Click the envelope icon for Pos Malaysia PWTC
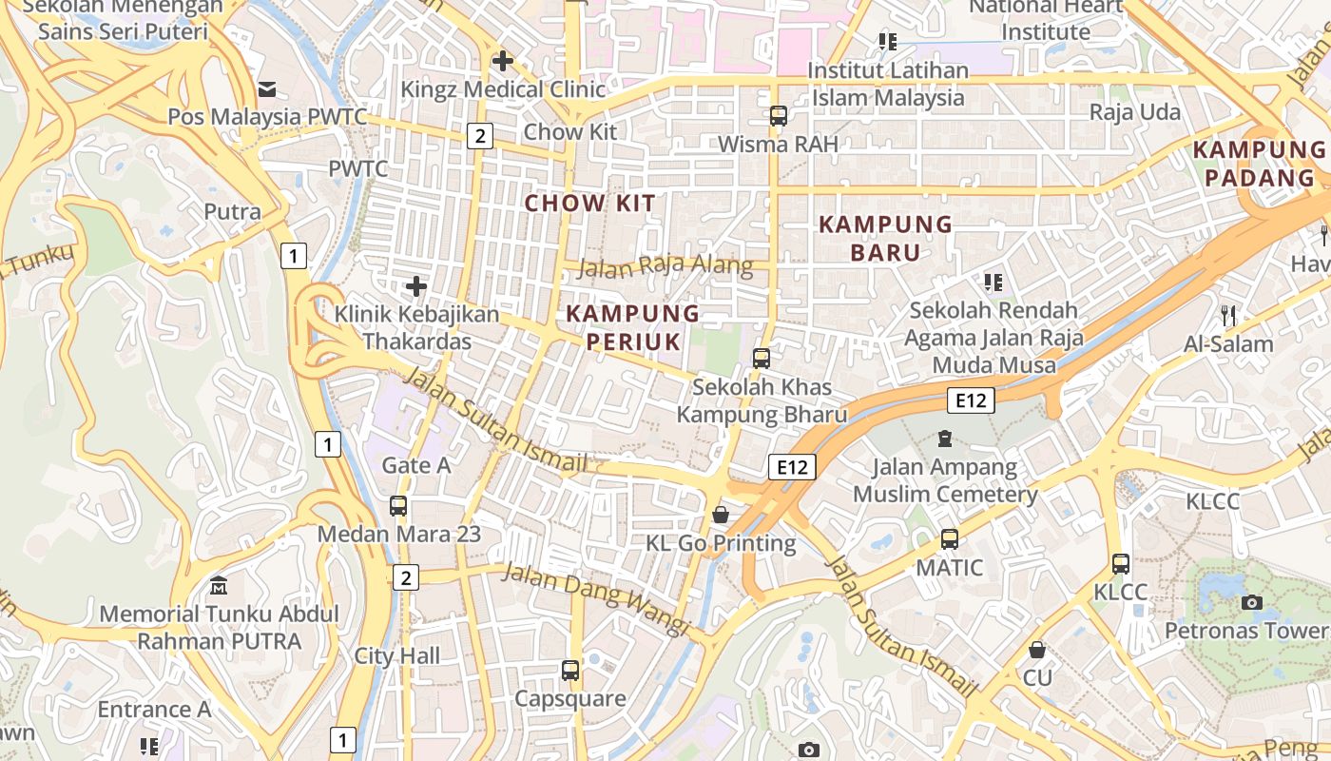pos(267,89)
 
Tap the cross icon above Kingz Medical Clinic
pos(503,62)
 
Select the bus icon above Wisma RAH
pos(779,116)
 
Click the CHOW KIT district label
pos(590,203)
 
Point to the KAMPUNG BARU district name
pos(885,238)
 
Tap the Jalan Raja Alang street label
pos(665,266)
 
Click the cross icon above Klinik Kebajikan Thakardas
pos(416,285)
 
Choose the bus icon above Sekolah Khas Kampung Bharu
pos(762,359)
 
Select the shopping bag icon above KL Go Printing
pos(721,515)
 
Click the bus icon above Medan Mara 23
pos(398,506)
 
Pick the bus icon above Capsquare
pos(570,671)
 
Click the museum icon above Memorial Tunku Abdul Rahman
pos(219,585)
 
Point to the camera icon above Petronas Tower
pos(1252,602)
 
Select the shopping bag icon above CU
pos(1037,650)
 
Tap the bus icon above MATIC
pos(949,539)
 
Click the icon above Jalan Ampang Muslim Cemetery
pos(944,439)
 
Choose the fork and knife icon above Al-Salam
pos(1229,315)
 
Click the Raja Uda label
pos(1134,112)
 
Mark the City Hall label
pos(397,655)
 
